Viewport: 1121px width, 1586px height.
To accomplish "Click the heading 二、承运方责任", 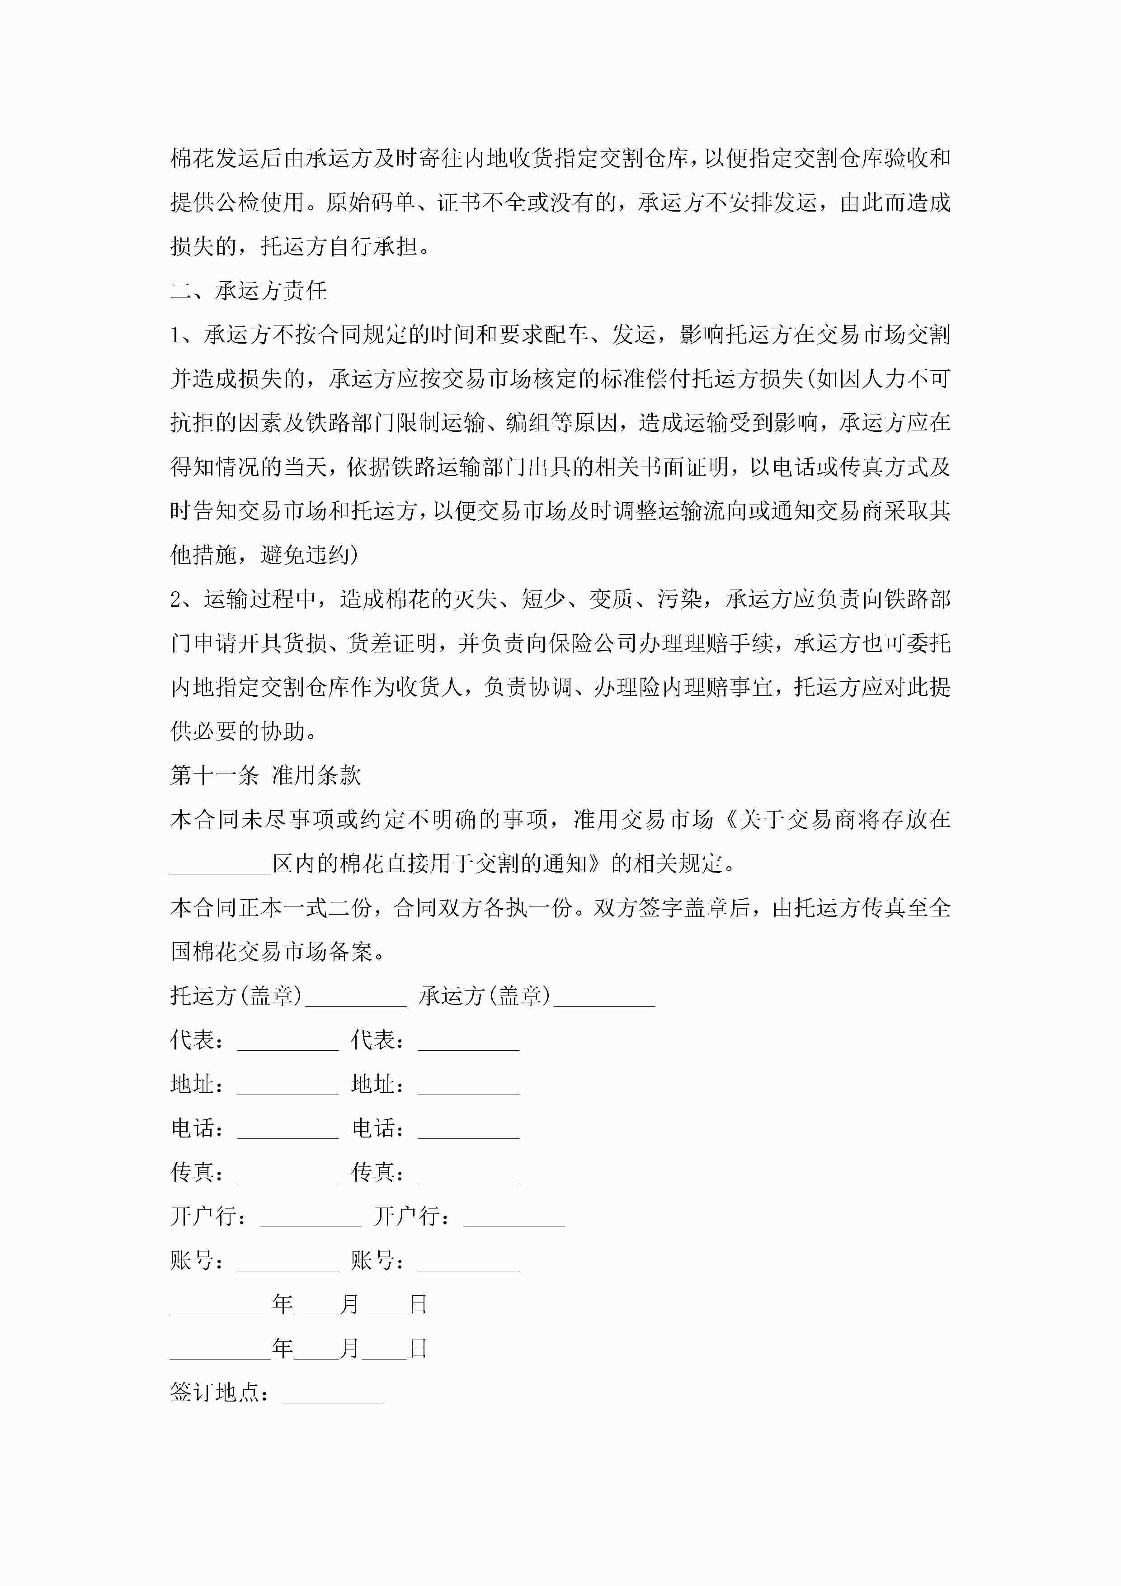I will coord(249,291).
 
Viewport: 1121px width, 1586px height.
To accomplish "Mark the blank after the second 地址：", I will coord(469,1085).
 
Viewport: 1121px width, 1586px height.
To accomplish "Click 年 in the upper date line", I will coord(283,1304).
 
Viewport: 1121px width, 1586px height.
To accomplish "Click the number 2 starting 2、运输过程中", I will coord(176,599).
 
